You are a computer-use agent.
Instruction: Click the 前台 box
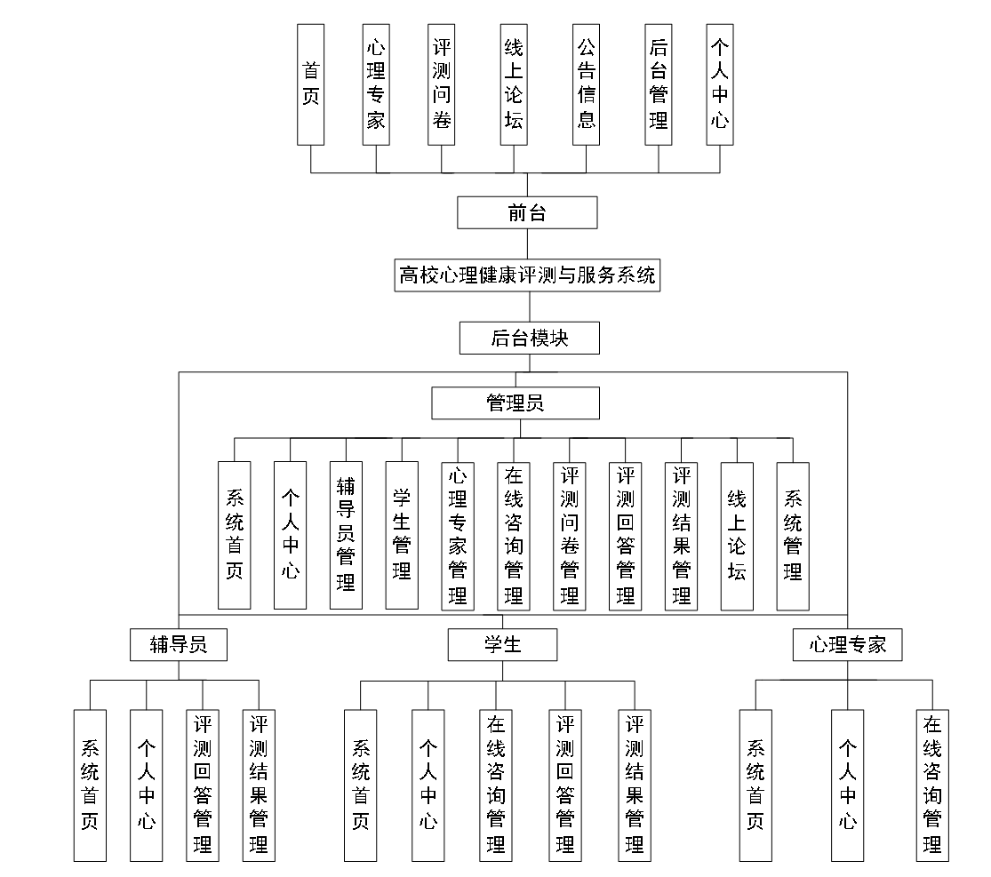[527, 212]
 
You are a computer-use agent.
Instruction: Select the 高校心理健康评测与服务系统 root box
[527, 275]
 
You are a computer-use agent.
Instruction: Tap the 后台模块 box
[529, 339]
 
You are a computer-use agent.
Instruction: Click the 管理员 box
[515, 403]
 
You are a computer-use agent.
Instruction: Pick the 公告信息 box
[587, 84]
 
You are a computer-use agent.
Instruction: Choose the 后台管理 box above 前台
[659, 84]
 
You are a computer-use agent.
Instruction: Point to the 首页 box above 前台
[311, 84]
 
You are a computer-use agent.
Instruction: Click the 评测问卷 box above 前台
[441, 84]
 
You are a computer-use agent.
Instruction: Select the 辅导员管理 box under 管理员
[346, 535]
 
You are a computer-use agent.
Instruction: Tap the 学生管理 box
[402, 535]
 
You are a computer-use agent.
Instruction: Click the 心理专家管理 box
[458, 535]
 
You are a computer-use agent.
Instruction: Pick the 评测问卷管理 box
[570, 535]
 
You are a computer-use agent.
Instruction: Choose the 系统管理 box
[793, 535]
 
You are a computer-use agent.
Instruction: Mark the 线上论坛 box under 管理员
[737, 535]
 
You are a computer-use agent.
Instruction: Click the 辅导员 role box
[179, 644]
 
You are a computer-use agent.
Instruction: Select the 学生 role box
[502, 644]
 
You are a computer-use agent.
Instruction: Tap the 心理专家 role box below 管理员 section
[847, 644]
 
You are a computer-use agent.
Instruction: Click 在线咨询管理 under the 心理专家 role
[932, 785]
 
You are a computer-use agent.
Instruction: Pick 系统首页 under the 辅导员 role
[90, 785]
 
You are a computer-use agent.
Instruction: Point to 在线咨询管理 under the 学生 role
[496, 785]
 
